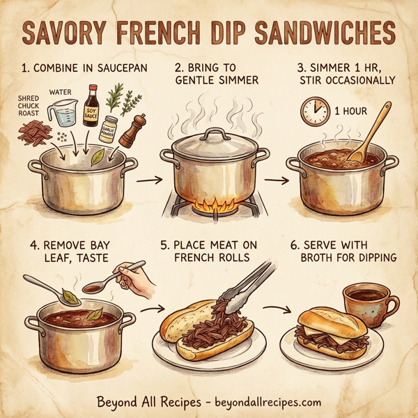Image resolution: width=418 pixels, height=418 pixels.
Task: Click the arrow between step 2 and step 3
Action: pos(277,180)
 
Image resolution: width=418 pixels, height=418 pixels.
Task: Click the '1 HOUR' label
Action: pos(352,111)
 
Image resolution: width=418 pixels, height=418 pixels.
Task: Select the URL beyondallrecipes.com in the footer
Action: pos(268,402)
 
